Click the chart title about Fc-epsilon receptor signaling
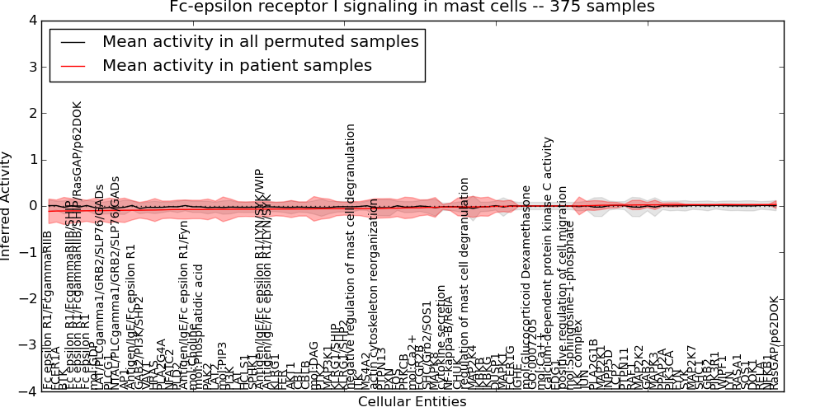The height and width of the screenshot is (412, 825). (412, 7)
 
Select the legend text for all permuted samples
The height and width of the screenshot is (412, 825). (260, 41)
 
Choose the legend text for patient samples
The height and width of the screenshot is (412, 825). (237, 65)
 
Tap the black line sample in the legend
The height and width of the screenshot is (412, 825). (72, 41)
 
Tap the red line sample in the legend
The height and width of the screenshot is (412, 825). (72, 65)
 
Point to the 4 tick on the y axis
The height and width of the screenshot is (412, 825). (30, 20)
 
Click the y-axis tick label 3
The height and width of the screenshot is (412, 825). (30, 66)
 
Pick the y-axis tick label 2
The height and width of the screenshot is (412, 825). (30, 113)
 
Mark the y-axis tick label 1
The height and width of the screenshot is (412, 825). (30, 159)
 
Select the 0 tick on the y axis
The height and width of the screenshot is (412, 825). (30, 206)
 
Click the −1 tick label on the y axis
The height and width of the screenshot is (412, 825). (26, 252)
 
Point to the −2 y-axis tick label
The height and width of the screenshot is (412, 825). (26, 299)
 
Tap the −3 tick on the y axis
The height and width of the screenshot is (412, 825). (26, 345)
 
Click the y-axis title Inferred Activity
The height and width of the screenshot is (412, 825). (7, 206)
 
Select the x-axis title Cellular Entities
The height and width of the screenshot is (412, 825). (412, 402)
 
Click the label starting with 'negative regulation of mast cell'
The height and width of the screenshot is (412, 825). (351, 255)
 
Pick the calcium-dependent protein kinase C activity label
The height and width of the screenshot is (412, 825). (549, 264)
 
